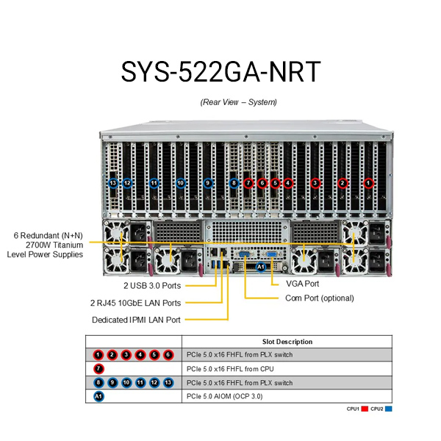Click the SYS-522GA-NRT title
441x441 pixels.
click(x=220, y=71)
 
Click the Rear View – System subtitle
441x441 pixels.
click(x=238, y=102)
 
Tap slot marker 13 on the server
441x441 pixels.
click(x=112, y=182)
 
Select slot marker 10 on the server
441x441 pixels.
click(x=181, y=182)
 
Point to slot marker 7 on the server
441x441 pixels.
click(x=248, y=182)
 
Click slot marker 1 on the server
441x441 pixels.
click(x=369, y=182)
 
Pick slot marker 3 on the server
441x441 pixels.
click(x=315, y=182)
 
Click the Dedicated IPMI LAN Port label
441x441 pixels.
click(x=136, y=320)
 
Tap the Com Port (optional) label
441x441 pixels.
click(x=320, y=298)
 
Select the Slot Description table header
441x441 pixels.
click(x=287, y=342)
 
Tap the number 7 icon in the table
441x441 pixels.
click(x=99, y=369)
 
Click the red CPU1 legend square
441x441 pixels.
click(x=363, y=409)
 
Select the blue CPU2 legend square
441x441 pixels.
click(x=389, y=409)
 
